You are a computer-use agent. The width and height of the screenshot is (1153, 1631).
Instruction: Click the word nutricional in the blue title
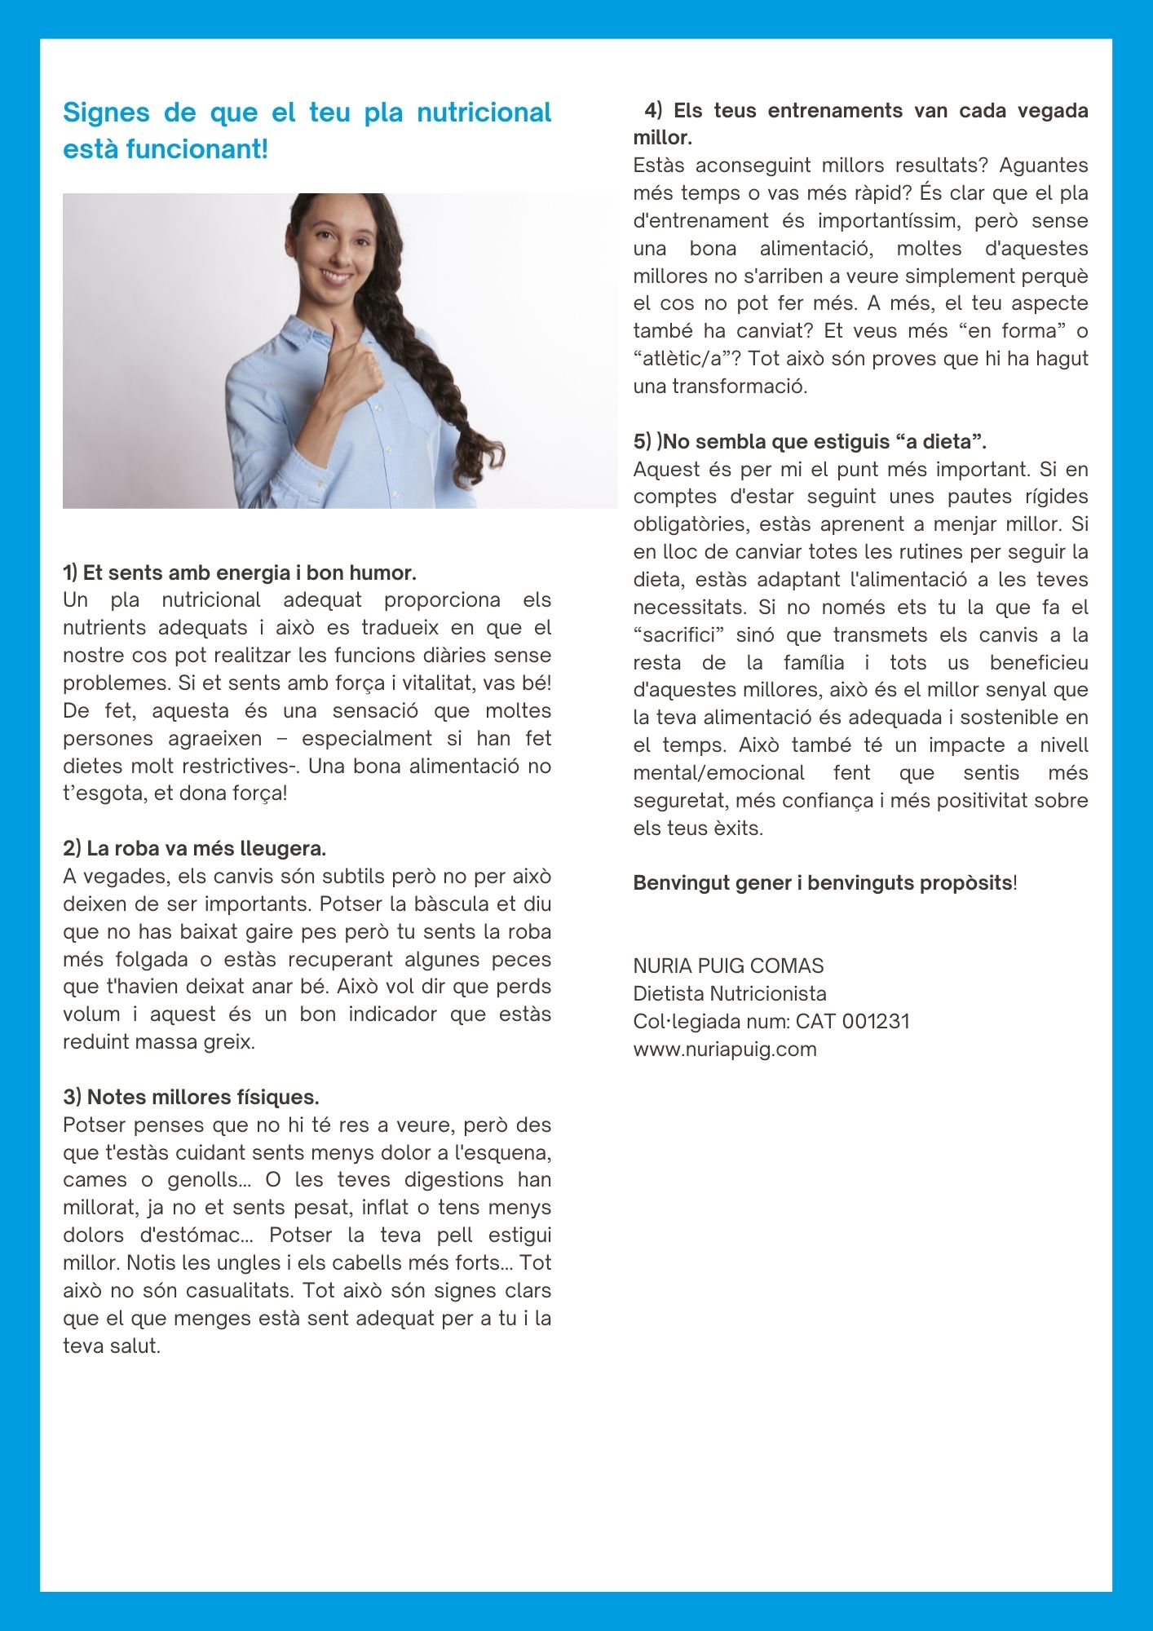click(484, 113)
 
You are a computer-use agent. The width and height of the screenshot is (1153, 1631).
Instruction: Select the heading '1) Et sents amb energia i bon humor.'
click(240, 572)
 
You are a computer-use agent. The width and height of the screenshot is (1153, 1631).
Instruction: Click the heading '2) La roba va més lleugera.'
click(194, 848)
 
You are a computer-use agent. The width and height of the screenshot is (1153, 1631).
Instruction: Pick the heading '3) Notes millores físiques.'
click(191, 1097)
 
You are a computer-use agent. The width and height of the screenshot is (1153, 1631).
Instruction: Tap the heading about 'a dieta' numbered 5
click(810, 441)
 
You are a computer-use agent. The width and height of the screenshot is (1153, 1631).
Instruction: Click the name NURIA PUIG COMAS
click(728, 966)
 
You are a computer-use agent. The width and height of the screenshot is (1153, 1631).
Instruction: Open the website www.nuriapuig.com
click(724, 1049)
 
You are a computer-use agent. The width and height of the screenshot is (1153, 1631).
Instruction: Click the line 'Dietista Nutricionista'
click(729, 993)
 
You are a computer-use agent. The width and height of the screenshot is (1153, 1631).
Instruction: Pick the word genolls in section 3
click(202, 1179)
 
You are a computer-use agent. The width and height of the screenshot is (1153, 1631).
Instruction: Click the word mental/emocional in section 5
click(718, 772)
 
